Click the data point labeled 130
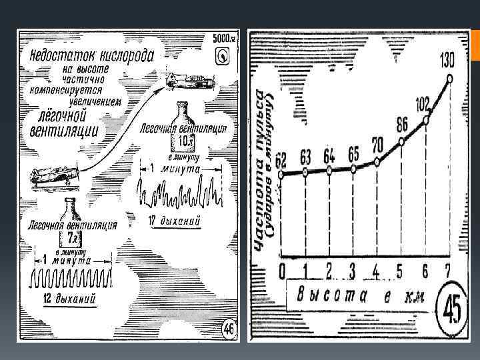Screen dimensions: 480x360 [x=450, y=79]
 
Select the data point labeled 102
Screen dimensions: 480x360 [x=425, y=121]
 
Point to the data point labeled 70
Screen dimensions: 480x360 [x=377, y=161]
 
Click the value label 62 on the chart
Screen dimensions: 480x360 [x=281, y=159]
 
